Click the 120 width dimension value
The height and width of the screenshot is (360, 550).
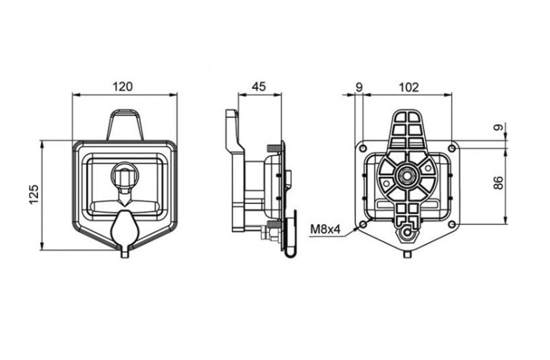coord(122,86)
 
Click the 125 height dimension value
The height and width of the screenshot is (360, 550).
coord(34,194)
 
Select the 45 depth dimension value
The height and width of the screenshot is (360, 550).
coord(259,86)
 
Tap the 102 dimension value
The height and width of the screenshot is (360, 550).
coord(409,87)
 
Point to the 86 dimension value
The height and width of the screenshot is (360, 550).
coord(498,183)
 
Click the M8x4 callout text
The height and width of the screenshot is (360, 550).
coord(326,230)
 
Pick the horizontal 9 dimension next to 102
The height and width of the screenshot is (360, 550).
coord(359,87)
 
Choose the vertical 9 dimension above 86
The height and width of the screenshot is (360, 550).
coord(498,127)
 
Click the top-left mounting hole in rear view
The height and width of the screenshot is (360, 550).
coord(363,147)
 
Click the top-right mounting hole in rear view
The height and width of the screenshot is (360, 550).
coord(453,148)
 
